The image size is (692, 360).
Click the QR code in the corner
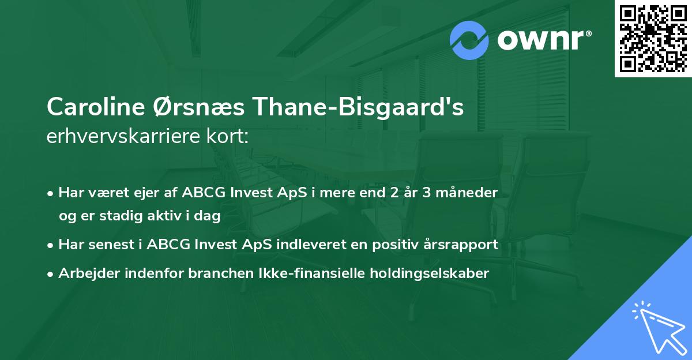pyautogui.click(x=653, y=39)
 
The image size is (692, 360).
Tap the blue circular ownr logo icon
pyautogui.click(x=469, y=40)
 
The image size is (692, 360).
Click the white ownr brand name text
pyautogui.click(x=542, y=40)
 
